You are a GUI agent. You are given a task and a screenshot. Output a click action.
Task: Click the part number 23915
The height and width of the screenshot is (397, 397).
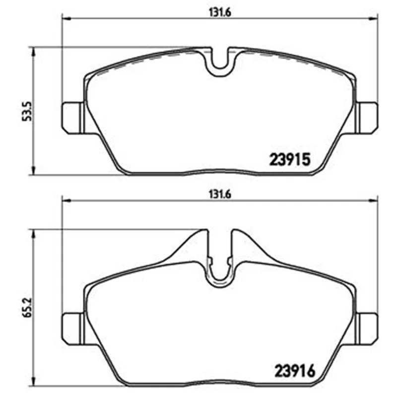(290, 160)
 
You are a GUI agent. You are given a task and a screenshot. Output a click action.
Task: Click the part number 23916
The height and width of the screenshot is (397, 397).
(295, 371)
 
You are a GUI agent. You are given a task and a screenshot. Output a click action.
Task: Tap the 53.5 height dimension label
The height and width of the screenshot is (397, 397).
(27, 111)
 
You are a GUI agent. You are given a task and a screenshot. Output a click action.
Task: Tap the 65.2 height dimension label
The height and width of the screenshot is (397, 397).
(27, 307)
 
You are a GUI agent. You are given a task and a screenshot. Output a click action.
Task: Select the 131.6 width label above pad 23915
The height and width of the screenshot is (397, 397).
(220, 12)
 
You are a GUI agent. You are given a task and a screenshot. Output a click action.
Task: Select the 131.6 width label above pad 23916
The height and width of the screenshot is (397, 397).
(220, 195)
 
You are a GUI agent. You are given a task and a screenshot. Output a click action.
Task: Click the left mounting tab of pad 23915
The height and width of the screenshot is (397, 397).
(73, 118)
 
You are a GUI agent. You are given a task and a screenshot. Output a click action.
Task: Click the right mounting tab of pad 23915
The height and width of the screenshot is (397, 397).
(367, 118)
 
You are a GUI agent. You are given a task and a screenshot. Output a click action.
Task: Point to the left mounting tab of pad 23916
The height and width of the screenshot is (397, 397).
(73, 329)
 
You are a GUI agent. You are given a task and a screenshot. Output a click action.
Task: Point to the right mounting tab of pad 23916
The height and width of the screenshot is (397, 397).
(367, 329)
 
